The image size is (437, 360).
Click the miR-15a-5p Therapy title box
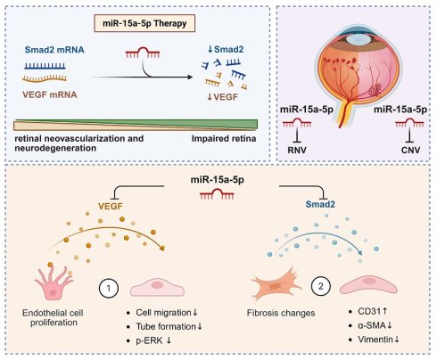pyautogui.click(x=144, y=23)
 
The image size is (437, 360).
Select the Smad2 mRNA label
pyautogui.click(x=54, y=50)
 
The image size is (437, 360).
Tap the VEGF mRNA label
pyautogui.click(x=50, y=94)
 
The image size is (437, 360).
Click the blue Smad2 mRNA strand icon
pyautogui.click(x=45, y=66)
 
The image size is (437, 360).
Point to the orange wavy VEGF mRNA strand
pyautogui.click(x=45, y=78)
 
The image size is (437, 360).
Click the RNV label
pyautogui.click(x=297, y=150)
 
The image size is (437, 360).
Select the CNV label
pyautogui.click(x=410, y=150)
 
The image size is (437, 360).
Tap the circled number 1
pyautogui.click(x=109, y=288)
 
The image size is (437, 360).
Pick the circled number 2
pyautogui.click(x=321, y=286)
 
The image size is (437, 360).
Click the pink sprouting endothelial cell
pyautogui.click(x=54, y=282)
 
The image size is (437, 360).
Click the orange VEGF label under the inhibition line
pyautogui.click(x=111, y=206)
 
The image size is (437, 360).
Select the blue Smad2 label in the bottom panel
pyautogui.click(x=320, y=204)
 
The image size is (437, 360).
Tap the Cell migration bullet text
pyautogui.click(x=167, y=313)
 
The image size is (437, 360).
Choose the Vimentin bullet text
pyautogui.click(x=378, y=340)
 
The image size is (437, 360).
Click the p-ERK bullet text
pyautogui.click(x=153, y=340)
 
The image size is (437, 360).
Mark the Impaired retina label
pyautogui.click(x=224, y=139)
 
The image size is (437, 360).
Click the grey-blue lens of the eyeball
pyautogui.click(x=359, y=39)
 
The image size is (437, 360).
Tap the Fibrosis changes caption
pyautogui.click(x=281, y=313)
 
